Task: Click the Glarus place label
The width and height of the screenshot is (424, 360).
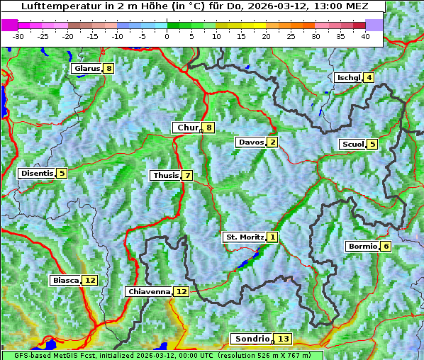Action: pos(86,69)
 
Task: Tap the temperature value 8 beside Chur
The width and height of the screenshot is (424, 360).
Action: pos(209,128)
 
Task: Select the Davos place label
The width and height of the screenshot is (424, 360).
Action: pos(250,142)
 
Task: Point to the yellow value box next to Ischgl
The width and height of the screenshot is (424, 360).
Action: pos(369,77)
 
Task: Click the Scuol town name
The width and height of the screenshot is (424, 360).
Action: pos(352,145)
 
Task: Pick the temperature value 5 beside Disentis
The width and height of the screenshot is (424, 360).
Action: pos(62,173)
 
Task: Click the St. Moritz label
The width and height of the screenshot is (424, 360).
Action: pos(244,237)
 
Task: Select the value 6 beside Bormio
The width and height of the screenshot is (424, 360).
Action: pos(385,247)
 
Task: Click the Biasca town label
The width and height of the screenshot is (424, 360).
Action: pos(65,281)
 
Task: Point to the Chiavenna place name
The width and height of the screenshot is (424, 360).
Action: pos(149,291)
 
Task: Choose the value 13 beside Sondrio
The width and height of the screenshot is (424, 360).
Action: pos(283,339)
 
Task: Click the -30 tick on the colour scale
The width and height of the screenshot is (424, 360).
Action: pos(18,36)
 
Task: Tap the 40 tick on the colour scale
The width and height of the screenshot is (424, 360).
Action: pos(365,36)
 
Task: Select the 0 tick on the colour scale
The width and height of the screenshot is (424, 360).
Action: pos(167,36)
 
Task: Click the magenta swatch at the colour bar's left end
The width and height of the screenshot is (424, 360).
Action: pos(9,25)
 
